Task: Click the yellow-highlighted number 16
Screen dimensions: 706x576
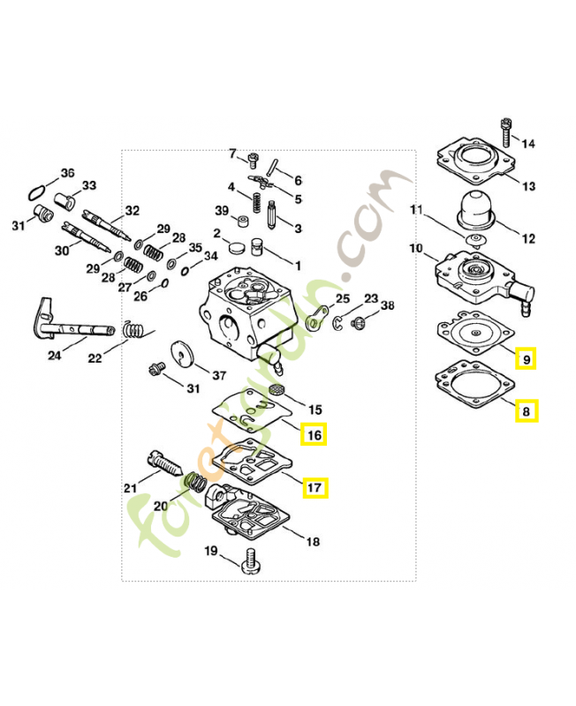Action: [313, 434]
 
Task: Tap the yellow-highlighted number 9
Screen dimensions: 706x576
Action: [527, 359]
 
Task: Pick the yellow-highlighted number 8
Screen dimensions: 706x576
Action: [527, 410]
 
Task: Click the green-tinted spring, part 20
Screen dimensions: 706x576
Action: [199, 484]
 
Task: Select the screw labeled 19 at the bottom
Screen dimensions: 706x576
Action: [250, 560]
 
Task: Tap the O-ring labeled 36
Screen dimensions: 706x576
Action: [36, 192]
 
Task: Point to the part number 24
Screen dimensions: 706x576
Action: [55, 356]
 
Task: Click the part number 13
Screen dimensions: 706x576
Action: [528, 186]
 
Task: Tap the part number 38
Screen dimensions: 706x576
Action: [387, 305]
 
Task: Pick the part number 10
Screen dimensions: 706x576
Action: [415, 249]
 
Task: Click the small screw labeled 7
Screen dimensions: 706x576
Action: [253, 161]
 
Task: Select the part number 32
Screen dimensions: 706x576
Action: [133, 211]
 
